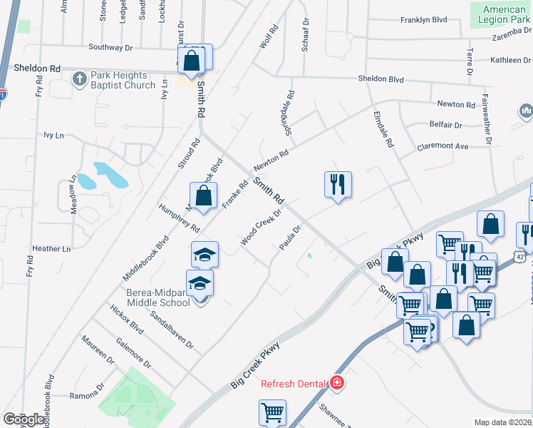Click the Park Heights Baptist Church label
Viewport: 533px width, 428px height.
tap(123, 80)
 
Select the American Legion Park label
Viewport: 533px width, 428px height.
tap(504, 14)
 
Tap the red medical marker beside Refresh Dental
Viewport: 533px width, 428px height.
tap(336, 384)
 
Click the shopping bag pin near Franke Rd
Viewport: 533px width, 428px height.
tap(203, 195)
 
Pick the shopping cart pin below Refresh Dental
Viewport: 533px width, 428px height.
tap(272, 412)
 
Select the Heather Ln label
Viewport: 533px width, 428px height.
tap(52, 249)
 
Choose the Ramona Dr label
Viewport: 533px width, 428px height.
tap(87, 394)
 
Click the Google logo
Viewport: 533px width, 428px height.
tap(24, 419)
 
